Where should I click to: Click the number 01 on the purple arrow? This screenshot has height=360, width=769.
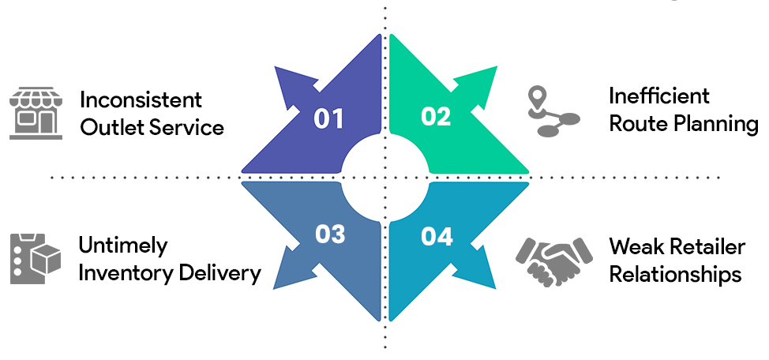coord(329,119)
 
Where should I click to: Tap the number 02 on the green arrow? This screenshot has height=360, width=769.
coord(436,117)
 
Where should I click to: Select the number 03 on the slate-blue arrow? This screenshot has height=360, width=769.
coord(330,234)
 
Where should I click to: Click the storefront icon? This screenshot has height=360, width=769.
coord(35,114)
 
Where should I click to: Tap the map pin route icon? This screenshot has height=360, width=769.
coord(553,113)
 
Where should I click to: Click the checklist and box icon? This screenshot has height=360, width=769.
coord(35,258)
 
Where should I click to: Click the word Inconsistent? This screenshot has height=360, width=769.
coord(141,100)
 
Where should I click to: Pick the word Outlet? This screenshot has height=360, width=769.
coord(109,127)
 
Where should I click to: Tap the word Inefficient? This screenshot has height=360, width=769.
coord(659,96)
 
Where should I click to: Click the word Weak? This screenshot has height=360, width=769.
coord(636,246)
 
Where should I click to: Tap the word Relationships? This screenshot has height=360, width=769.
coord(675,274)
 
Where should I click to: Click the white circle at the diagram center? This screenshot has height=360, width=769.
coord(384,178)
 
